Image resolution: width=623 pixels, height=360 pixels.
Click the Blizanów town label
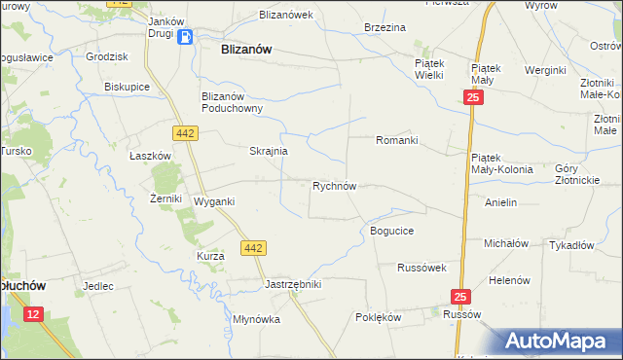tap(246, 48)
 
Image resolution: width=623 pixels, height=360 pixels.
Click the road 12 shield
tap(34, 313)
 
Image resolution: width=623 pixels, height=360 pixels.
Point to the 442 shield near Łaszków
tap(186, 132)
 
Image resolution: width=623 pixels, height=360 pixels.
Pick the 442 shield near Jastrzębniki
tap(253, 248)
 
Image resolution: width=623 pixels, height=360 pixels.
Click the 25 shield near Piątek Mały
tap(472, 98)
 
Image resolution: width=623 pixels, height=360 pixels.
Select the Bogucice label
tap(392, 231)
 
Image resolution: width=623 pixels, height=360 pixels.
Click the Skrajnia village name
tap(268, 152)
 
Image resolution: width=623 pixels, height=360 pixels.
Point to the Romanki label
tap(397, 140)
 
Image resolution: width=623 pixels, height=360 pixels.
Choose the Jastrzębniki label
tap(293, 284)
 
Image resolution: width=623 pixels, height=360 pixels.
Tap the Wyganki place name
tap(215, 201)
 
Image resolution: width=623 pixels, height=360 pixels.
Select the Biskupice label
tap(126, 86)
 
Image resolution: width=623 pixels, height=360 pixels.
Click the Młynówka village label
tap(257, 319)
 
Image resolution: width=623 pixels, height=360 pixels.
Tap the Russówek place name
tap(421, 267)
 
